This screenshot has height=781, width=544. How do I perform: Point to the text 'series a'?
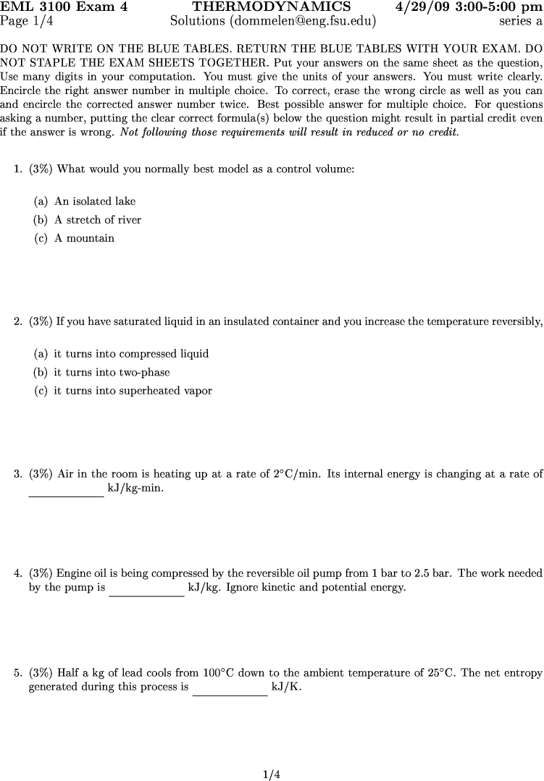[520, 21]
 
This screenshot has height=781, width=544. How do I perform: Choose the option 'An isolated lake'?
[95, 201]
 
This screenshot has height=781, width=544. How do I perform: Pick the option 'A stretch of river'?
[98, 220]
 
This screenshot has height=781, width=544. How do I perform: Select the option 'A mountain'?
[84, 238]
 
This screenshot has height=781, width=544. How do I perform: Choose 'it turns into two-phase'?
[112, 373]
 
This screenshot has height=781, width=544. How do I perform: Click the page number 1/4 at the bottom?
[272, 774]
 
